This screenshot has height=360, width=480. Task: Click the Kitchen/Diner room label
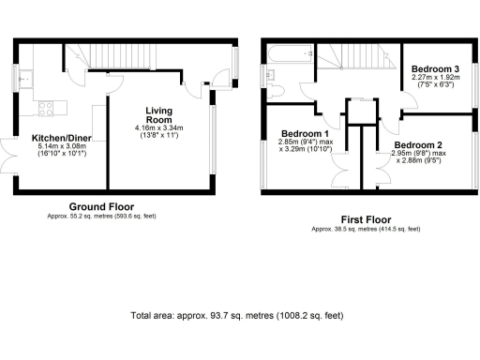pyautogui.click(x=59, y=137)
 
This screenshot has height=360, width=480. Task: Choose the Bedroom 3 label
pyautogui.click(x=435, y=69)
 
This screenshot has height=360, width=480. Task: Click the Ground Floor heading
pyautogui.click(x=101, y=206)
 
